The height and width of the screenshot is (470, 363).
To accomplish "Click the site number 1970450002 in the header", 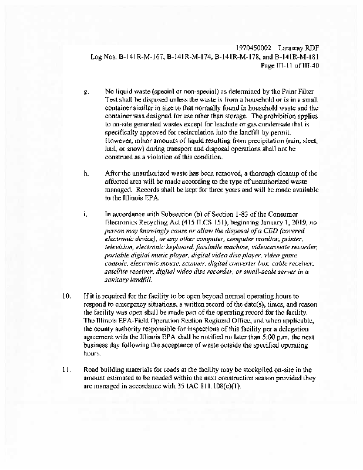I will tap(253, 48).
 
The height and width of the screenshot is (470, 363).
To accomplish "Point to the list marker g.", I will tap(87, 92).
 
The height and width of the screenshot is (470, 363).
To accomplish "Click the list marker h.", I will tap(87, 173).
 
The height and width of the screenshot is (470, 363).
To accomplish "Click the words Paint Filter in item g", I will tap(283, 92).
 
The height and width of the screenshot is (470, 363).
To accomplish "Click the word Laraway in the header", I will tap(292, 48).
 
